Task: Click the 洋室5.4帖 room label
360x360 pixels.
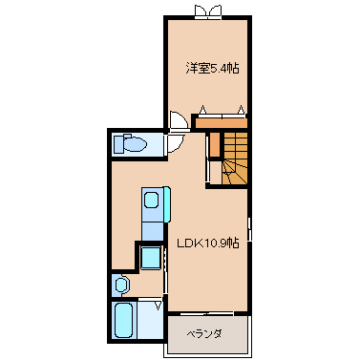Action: (x=212, y=68)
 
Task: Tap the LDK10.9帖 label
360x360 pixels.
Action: (x=208, y=244)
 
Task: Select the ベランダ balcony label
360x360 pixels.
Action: (x=204, y=334)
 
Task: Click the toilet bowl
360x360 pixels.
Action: (x=136, y=145)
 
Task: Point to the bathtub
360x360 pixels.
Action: (x=123, y=320)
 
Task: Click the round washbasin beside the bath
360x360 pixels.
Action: (x=121, y=285)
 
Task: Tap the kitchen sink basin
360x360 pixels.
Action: (x=151, y=201)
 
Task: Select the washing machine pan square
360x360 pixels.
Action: (x=151, y=258)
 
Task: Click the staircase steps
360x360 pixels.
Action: (x=235, y=159)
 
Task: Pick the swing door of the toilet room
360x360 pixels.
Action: (x=176, y=143)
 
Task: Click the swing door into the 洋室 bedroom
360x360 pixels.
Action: (x=179, y=120)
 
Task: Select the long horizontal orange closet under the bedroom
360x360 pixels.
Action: (x=222, y=123)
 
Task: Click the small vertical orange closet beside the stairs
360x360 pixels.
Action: (x=215, y=144)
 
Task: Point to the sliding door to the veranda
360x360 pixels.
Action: (x=207, y=313)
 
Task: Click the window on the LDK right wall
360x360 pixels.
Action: (x=250, y=229)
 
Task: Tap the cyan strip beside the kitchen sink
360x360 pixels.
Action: (x=167, y=204)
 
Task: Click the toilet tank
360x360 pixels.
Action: (x=118, y=144)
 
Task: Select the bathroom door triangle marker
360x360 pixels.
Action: (x=158, y=306)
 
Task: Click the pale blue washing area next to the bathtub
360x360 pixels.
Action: (x=150, y=320)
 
